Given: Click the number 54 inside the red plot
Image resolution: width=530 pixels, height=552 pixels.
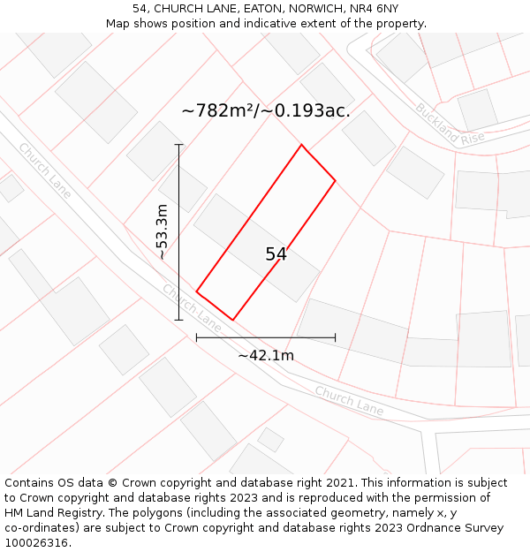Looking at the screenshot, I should pyautogui.click(x=276, y=254).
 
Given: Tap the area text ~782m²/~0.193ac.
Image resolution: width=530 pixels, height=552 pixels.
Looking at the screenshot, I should pyautogui.click(x=266, y=111).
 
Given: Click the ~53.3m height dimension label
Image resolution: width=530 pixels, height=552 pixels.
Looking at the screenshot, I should pyautogui.click(x=162, y=232).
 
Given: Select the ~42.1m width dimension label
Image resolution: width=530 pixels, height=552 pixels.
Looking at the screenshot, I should pyautogui.click(x=266, y=355).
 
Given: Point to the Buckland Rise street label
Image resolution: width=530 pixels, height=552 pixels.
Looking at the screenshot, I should pyautogui.click(x=450, y=124).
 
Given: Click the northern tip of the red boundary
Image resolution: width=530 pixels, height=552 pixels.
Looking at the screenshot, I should pyautogui.click(x=302, y=145).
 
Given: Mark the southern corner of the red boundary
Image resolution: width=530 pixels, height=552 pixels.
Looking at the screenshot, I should pyautogui.click(x=233, y=320).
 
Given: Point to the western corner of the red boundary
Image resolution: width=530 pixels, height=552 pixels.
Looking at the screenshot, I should pyautogui.click(x=196, y=291).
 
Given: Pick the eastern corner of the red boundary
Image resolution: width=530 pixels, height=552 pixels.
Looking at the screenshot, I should pyautogui.click(x=336, y=181).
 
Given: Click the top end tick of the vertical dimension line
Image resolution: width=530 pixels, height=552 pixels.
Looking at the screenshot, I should pyautogui.click(x=179, y=145).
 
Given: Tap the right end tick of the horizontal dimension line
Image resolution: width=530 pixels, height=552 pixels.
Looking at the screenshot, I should pyautogui.click(x=336, y=337).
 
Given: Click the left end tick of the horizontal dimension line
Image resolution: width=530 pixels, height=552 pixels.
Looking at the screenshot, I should pyautogui.click(x=196, y=337).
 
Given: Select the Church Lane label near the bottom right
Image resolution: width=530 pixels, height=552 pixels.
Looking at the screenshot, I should pyautogui.click(x=349, y=400).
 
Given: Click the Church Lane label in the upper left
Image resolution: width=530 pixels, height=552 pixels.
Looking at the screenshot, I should pyautogui.click(x=43, y=170).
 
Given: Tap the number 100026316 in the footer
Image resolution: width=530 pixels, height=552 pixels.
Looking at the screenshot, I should pyautogui.click(x=34, y=543).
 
